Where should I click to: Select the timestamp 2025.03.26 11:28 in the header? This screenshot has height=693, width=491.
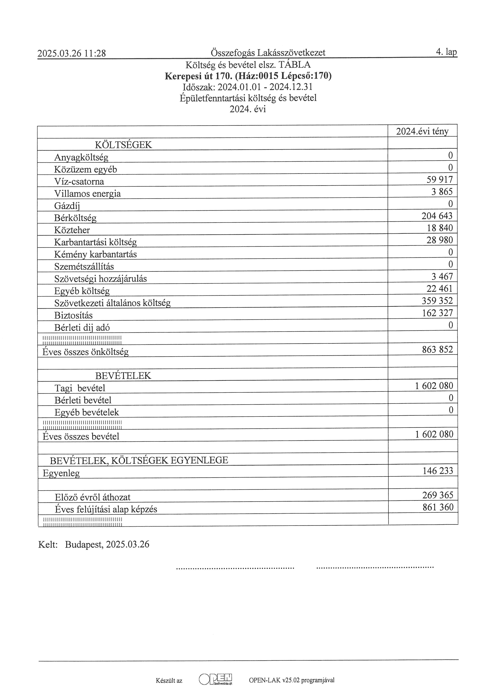(72, 53)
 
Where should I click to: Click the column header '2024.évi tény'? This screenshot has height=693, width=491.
(422, 131)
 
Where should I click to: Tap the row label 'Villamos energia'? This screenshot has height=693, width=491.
(87, 193)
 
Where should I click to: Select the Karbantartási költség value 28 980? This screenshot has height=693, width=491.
(440, 240)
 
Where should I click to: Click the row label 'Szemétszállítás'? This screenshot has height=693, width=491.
(84, 267)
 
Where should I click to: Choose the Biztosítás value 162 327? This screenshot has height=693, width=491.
(438, 313)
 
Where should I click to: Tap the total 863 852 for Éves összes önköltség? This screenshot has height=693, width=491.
(438, 350)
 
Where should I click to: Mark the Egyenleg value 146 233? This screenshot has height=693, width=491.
(438, 471)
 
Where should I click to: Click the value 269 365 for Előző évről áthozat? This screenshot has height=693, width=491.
(438, 495)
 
